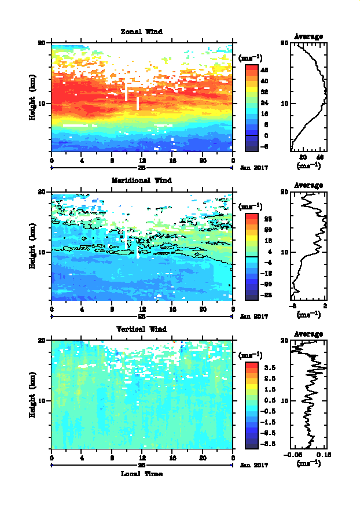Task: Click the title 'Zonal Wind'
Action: [141, 31]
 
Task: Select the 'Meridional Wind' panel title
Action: [141, 180]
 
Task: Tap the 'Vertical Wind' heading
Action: [141, 329]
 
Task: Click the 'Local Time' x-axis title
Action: [141, 473]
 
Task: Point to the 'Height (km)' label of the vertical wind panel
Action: [33, 395]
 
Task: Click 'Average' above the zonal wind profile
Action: [308, 36]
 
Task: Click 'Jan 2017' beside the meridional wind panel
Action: [252, 316]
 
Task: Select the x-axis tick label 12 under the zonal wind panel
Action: [142, 161]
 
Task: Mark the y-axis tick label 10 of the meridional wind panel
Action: [42, 252]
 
